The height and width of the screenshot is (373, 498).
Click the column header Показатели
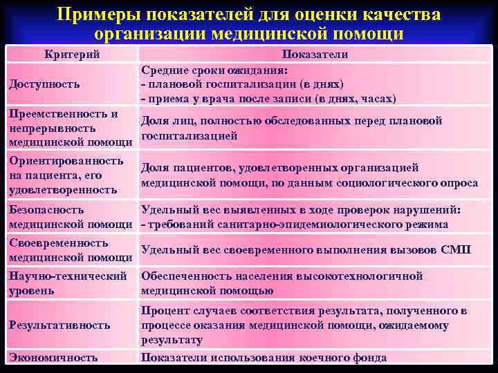315,55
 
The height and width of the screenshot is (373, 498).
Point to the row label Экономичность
53,358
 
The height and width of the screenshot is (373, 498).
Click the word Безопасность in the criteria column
47,210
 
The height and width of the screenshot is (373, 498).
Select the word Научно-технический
67,276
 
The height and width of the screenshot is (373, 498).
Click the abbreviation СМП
456,250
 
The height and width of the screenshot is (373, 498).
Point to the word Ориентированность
66,161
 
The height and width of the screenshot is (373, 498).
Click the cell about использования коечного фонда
264,358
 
